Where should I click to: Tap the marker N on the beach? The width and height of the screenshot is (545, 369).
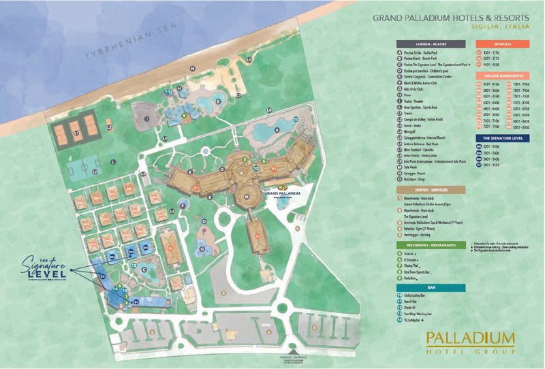pyautogui.click(x=193, y=69)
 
